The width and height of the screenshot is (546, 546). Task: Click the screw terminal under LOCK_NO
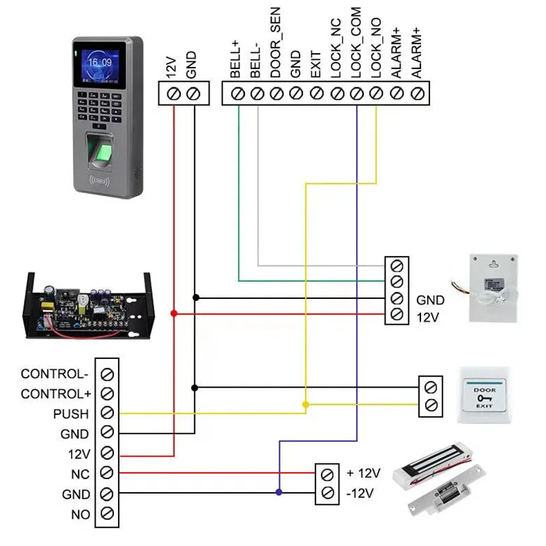376,93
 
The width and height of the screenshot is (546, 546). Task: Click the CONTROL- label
55,374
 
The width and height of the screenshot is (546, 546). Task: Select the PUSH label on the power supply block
71,414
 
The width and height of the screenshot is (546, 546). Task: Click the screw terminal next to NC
106,472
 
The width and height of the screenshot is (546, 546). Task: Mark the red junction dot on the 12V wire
173,313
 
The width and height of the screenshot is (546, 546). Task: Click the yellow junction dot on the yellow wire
305,405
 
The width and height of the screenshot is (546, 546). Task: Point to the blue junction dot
278,492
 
